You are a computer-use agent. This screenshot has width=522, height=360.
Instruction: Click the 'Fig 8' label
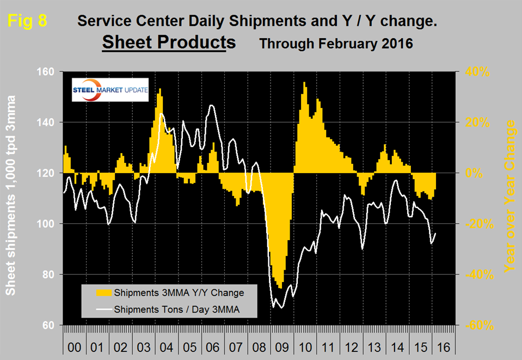click(x=28, y=21)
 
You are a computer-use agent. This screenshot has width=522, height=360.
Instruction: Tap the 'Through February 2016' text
click(x=336, y=44)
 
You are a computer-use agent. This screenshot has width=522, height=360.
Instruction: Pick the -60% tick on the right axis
click(x=479, y=326)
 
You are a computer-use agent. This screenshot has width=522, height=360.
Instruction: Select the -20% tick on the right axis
click(x=479, y=224)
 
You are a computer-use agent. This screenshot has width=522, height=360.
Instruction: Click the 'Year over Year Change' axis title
click(x=510, y=197)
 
